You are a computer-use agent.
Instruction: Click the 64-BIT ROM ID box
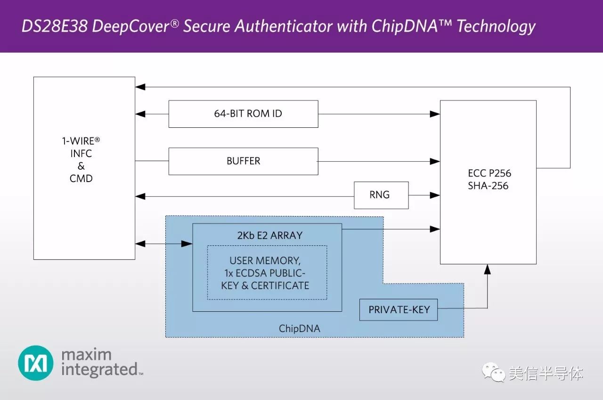(243, 114)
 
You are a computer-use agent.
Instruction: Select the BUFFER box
(243, 161)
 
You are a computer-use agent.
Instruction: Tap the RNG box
(381, 195)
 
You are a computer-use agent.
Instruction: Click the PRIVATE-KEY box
(398, 310)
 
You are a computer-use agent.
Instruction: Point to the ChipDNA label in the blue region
(299, 329)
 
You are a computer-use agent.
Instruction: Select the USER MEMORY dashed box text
(267, 273)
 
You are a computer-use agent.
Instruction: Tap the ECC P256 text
(488, 173)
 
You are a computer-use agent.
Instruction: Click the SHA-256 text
(488, 186)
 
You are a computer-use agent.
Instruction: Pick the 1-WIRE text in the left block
(81, 141)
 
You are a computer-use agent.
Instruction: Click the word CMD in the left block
(81, 179)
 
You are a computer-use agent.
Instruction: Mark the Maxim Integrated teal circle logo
(36, 363)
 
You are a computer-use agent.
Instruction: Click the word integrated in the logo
(99, 369)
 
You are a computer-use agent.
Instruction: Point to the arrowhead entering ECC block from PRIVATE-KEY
(488, 269)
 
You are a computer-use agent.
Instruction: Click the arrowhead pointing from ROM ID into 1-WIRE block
(139, 114)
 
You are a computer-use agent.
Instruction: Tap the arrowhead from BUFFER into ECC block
(435, 161)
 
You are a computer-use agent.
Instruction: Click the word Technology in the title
(496, 26)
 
